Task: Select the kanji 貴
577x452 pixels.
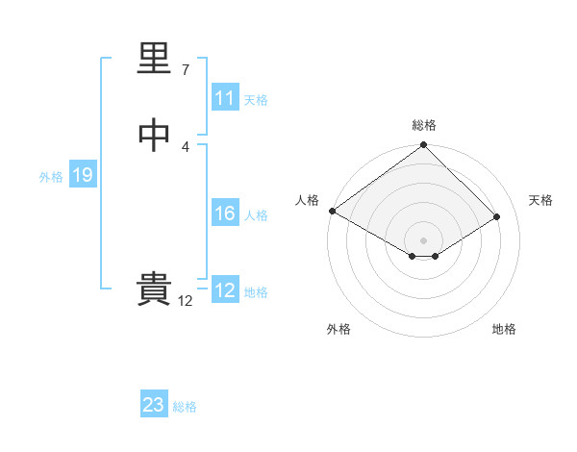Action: point(154,289)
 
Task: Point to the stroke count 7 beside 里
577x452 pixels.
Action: point(185,69)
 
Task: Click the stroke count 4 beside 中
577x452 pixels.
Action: point(185,146)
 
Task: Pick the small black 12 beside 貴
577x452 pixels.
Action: point(185,300)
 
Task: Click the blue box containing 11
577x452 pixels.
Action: point(224,98)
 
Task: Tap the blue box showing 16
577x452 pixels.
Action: point(224,213)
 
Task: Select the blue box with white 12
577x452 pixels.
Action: point(224,290)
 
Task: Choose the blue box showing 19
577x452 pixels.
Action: point(82,175)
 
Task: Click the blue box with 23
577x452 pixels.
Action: point(154,405)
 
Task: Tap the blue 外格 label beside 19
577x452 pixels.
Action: point(51,177)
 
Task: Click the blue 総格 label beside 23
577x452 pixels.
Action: point(186,407)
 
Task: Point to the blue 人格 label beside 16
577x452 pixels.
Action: point(256,215)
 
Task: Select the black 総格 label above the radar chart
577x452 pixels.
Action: point(424,125)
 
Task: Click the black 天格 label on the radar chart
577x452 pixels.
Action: point(540,200)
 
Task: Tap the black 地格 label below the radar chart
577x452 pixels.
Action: point(504,329)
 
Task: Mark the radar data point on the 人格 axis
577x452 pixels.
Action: point(332,211)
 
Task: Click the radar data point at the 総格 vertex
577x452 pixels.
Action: point(424,146)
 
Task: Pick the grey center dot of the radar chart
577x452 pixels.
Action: point(424,239)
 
